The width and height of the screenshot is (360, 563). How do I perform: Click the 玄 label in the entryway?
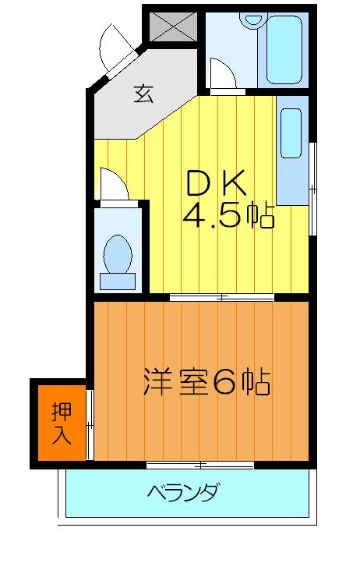point(143,94)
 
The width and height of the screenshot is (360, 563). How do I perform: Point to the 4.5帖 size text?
point(228,214)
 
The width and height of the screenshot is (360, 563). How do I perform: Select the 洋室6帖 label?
point(206,381)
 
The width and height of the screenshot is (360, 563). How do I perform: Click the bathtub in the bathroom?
point(284,51)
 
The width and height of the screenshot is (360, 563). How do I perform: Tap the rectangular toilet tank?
point(119,278)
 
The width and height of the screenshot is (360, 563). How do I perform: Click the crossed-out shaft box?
point(173,26)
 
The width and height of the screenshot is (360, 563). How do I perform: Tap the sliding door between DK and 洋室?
point(222,297)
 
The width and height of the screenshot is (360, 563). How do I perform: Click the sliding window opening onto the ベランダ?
point(200,466)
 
